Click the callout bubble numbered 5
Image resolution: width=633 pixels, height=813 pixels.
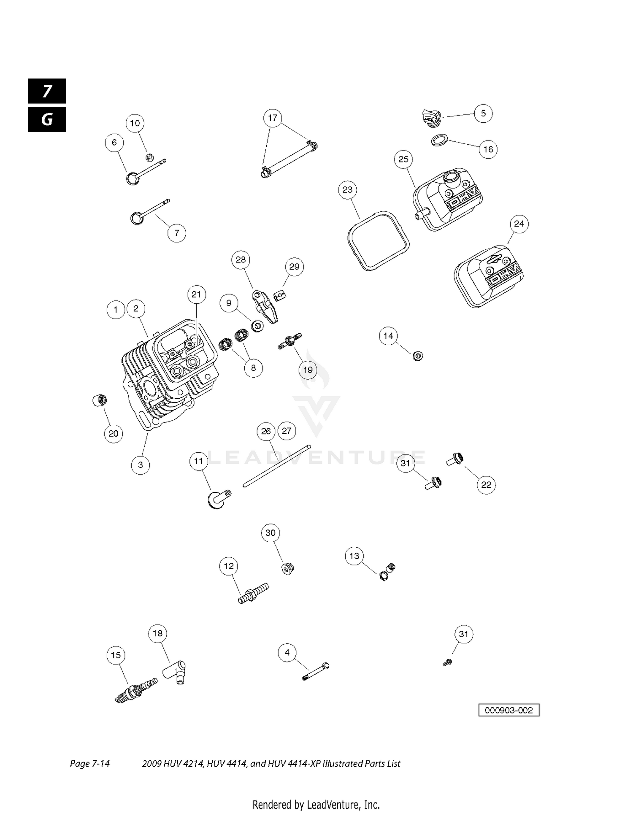tap(483, 113)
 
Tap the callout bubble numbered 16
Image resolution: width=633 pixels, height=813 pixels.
tap(488, 149)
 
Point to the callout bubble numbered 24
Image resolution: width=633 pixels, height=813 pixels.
tap(519, 224)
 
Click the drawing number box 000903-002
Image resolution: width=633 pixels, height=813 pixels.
tap(509, 710)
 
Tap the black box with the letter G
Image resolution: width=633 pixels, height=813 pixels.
tap(47, 120)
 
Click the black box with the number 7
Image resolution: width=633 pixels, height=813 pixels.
tap(47, 91)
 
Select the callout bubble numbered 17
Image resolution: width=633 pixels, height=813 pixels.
tap(273, 118)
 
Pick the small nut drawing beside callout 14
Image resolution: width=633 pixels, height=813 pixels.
tap(418, 356)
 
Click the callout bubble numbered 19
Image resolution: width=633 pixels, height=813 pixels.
tap(308, 370)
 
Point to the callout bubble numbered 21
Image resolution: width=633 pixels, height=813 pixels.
tap(196, 294)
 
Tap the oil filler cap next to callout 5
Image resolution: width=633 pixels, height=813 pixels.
tap(431, 117)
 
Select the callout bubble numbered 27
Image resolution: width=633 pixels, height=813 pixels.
tap(287, 431)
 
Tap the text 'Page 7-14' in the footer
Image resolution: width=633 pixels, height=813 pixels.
tap(90, 764)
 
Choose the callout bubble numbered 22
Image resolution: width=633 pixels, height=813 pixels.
tap(486, 485)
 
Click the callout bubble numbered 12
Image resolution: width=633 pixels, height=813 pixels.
tap(229, 566)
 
